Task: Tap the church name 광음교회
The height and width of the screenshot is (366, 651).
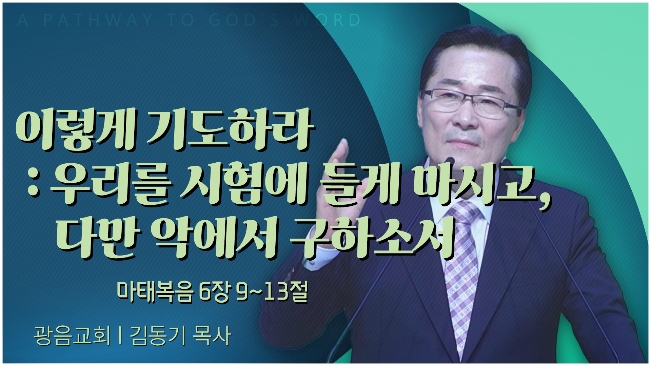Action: coord(72,335)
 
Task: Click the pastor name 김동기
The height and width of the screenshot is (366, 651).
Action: coord(157,335)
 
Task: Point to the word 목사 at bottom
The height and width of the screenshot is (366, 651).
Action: coord(212,335)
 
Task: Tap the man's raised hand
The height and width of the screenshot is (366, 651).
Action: coord(336,173)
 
